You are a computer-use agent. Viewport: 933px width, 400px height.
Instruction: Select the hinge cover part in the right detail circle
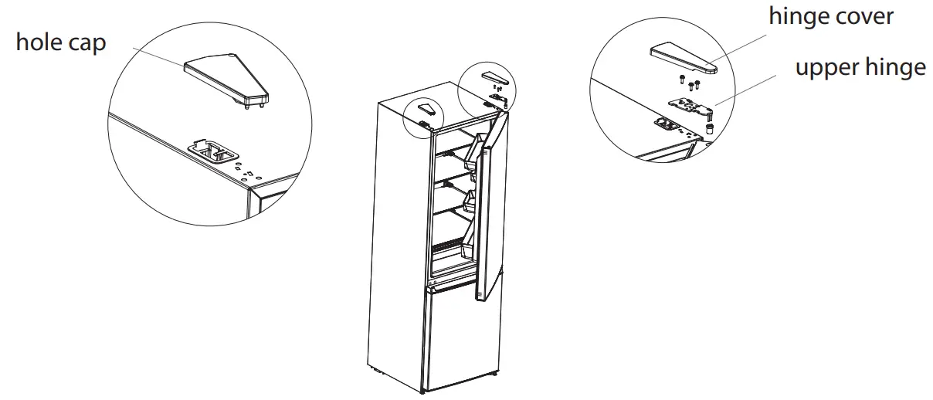684,59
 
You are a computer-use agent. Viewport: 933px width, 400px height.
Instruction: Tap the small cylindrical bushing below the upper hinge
707,127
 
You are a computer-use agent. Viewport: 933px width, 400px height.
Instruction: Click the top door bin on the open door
472,154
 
